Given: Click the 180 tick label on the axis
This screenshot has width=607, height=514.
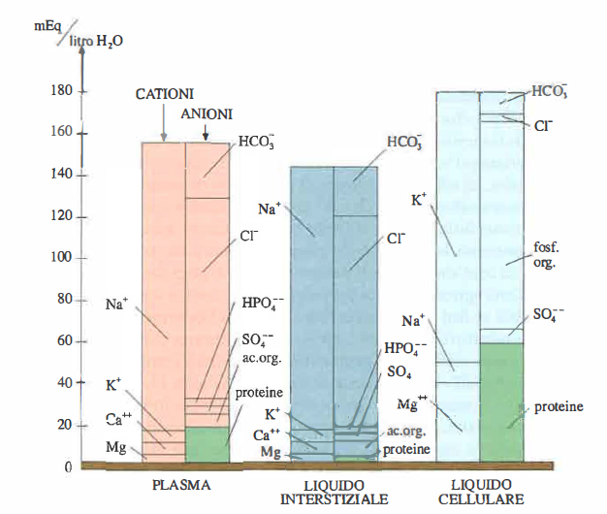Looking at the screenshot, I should (x=60, y=91).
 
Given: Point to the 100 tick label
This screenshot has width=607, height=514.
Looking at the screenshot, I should (x=60, y=258).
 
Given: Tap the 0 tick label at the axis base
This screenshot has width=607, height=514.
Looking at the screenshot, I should (x=68, y=466).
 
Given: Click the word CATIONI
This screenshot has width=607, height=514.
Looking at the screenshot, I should (x=165, y=94).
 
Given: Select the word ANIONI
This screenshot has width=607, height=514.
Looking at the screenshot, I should (x=207, y=114).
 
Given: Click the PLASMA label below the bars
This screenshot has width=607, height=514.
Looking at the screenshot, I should (x=183, y=484).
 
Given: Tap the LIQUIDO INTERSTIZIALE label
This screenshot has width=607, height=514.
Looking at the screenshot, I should (x=334, y=492).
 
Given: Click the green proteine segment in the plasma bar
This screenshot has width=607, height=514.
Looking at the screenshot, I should (x=207, y=444).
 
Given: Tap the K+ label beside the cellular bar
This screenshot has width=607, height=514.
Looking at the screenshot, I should (x=420, y=201).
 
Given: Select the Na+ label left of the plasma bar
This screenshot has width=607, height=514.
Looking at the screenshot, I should (x=117, y=303).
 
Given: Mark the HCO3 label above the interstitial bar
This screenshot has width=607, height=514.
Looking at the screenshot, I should (x=404, y=143).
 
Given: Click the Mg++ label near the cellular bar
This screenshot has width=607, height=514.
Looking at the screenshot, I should (x=411, y=402).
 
